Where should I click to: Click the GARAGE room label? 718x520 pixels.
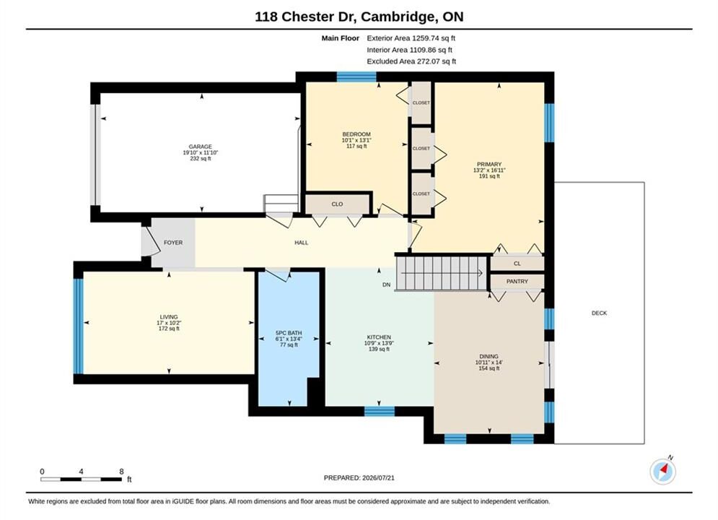(201, 147)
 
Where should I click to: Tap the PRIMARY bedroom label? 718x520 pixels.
(489, 164)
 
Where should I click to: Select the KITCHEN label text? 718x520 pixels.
(379, 337)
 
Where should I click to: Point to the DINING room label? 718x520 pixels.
(489, 357)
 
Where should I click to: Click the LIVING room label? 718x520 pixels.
(169, 317)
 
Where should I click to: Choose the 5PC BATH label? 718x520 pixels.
(289, 333)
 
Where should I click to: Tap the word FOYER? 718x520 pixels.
(173, 243)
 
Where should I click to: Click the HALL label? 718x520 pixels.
(302, 243)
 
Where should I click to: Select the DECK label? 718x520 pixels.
(599, 313)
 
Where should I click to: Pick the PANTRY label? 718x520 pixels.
(517, 281)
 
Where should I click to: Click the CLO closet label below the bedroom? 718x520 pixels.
(337, 204)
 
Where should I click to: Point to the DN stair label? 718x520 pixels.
(387, 285)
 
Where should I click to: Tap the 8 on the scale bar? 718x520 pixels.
(121, 472)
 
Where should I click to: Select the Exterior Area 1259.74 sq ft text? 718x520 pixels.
(411, 38)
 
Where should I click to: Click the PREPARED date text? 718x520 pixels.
(359, 478)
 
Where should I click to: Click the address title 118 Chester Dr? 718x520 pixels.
(305, 17)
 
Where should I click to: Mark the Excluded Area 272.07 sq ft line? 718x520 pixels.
(411, 61)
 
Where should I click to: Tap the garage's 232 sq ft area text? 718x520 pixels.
(201, 158)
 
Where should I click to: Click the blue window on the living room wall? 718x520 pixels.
(79, 326)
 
